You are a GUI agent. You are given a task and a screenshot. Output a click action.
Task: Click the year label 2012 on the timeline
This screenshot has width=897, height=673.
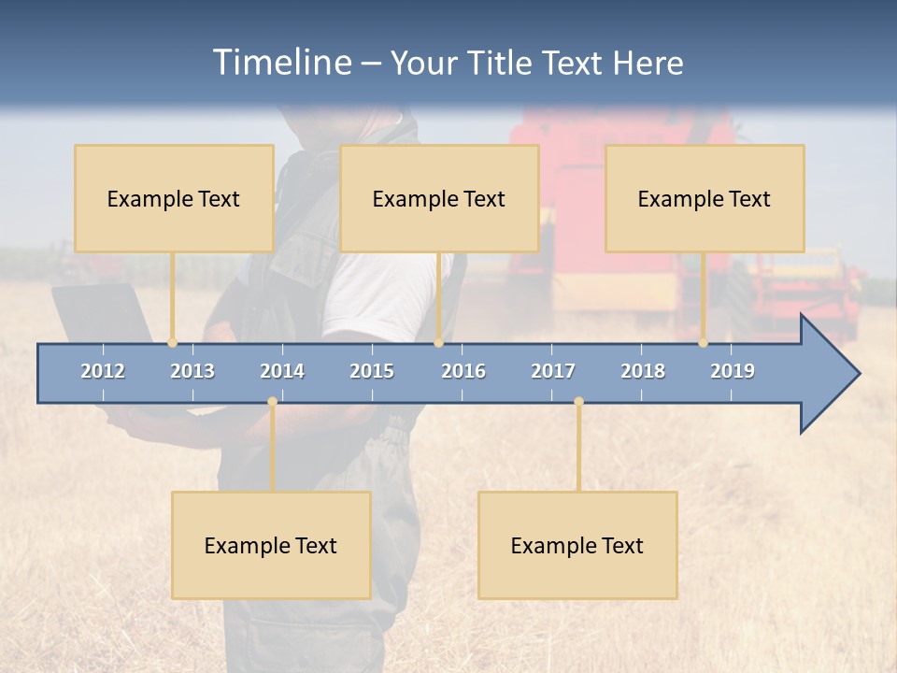[x=103, y=371]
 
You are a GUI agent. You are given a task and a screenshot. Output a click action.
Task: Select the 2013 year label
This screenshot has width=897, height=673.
[x=192, y=371]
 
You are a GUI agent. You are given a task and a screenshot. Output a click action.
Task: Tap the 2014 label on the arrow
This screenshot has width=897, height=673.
[x=282, y=371]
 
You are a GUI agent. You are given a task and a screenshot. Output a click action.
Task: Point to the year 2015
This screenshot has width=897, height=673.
[x=372, y=371]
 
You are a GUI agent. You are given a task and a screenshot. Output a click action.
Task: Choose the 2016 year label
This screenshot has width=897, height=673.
[x=463, y=371]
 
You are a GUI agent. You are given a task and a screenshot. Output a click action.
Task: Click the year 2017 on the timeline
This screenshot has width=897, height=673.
[x=553, y=371]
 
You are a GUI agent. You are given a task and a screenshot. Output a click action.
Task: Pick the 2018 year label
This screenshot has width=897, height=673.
[x=643, y=371]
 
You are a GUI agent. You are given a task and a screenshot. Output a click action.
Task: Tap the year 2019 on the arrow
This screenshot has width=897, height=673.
[x=733, y=371]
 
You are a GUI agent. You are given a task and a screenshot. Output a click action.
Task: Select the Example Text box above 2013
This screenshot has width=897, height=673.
[x=174, y=198]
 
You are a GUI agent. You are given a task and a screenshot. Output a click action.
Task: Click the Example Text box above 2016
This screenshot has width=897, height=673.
[x=439, y=198]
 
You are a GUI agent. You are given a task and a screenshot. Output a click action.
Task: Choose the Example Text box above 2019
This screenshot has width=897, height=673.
[x=705, y=198]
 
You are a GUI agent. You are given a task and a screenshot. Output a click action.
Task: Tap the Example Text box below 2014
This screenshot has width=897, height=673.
[x=271, y=545]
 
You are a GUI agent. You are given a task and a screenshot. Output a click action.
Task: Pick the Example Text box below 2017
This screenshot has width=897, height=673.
[x=577, y=545]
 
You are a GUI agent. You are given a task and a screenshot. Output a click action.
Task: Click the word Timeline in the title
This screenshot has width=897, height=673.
[x=279, y=63]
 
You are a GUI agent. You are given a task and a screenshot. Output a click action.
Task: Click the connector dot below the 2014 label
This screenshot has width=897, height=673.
[x=272, y=401]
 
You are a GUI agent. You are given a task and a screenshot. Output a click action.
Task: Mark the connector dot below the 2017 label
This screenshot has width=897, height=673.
[x=578, y=401]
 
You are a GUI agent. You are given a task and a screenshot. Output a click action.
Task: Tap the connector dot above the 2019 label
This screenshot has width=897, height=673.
[x=704, y=343]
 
